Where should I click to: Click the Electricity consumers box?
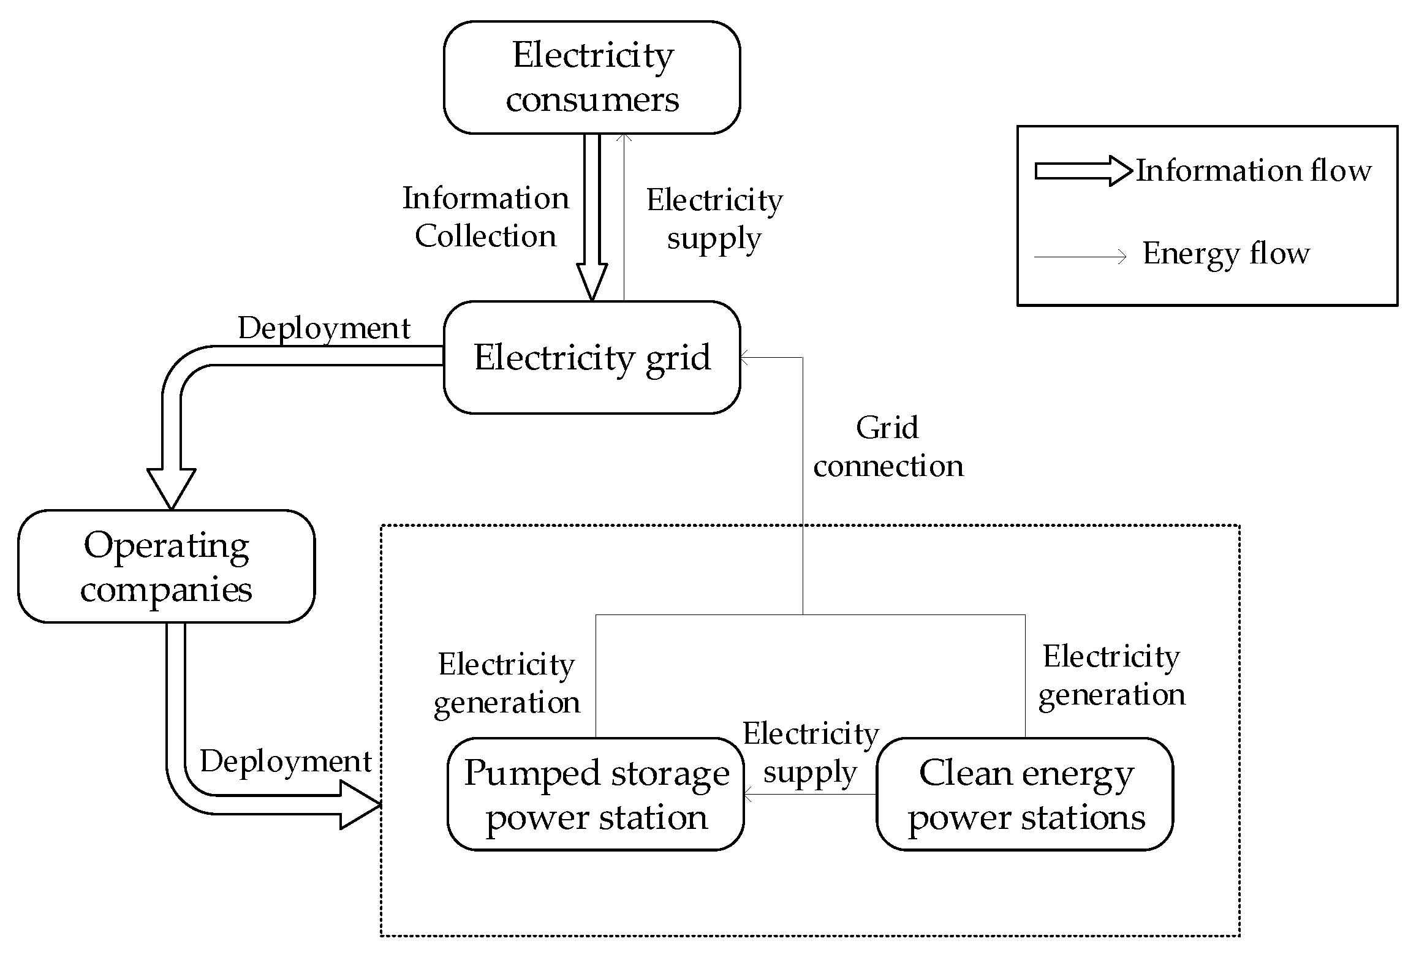(592, 77)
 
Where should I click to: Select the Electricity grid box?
(592, 357)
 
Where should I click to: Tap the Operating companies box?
(166, 567)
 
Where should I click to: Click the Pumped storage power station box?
(596, 794)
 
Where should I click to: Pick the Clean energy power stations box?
(1025, 794)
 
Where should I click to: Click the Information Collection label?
(485, 217)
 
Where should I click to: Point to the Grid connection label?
(888, 447)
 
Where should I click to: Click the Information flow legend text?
(1254, 170)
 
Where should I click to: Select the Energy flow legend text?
(1225, 253)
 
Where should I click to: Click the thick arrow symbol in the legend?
(1083, 172)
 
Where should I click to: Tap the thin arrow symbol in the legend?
(1080, 257)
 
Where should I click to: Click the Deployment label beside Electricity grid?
(324, 328)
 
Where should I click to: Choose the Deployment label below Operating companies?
(286, 762)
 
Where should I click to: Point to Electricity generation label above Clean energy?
(1111, 675)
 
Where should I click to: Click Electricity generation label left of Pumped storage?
(507, 683)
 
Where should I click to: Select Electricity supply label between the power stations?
(810, 752)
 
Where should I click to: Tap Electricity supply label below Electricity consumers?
(714, 219)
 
